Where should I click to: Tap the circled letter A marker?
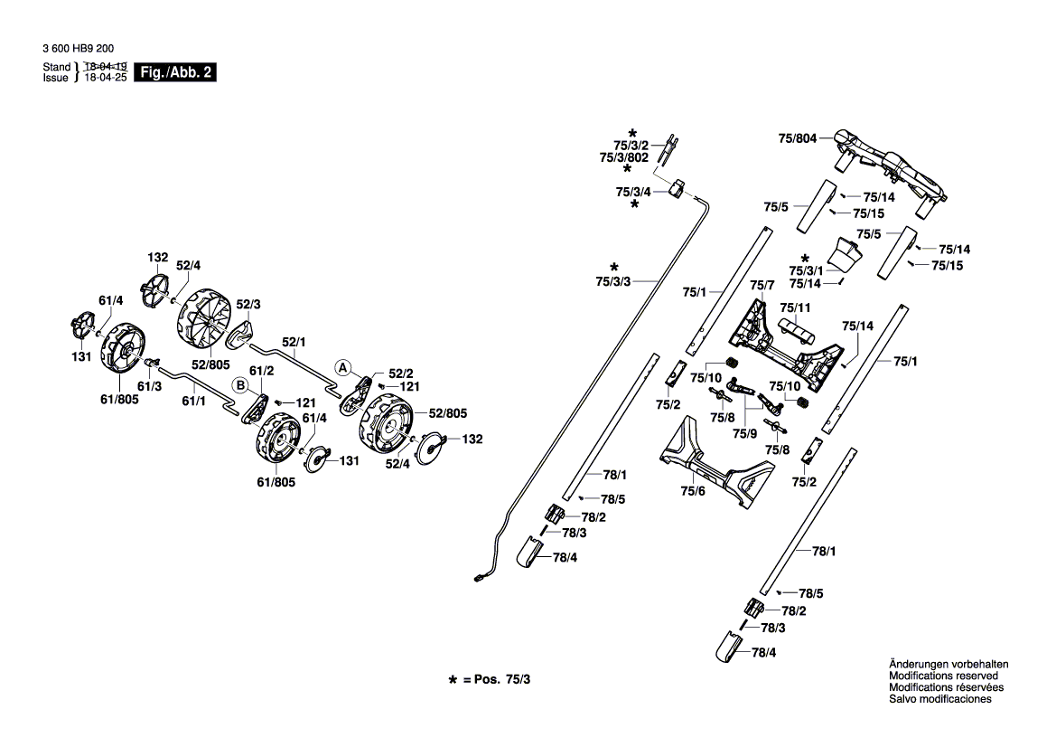pos(342,367)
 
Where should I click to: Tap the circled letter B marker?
pos(241,383)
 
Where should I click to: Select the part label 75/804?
pos(797,139)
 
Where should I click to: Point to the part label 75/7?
pos(763,286)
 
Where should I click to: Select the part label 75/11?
pos(794,307)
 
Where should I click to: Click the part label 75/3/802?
pos(624,157)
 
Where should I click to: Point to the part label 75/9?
pos(746,434)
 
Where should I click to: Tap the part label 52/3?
pos(248,304)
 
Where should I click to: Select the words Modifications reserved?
pos(943,676)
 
